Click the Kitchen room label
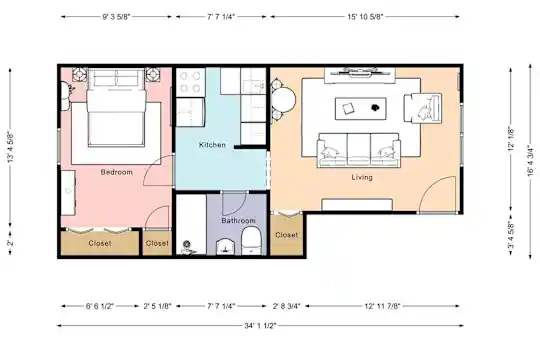[212, 145]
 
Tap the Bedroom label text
[116, 172]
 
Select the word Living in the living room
[362, 177]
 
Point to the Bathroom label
[238, 220]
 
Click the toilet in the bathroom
[251, 240]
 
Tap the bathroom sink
[225, 247]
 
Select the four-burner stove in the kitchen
[190, 82]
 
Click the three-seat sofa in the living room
[359, 150]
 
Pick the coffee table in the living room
[361, 109]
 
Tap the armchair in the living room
[423, 108]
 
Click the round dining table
[283, 100]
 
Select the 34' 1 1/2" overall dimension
[260, 326]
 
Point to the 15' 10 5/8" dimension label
[365, 17]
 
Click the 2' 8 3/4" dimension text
[287, 306]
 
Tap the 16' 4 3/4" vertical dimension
[530, 162]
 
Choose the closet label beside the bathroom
[287, 235]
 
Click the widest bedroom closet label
[100, 243]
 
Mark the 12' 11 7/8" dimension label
[382, 306]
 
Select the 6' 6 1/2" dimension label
[100, 306]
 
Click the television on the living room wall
[360, 71]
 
